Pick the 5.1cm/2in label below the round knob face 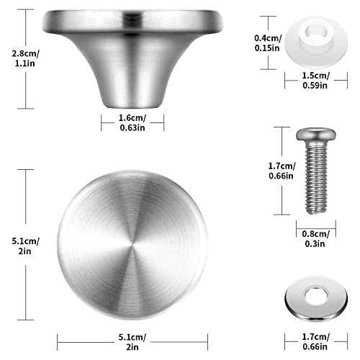pos(132,342)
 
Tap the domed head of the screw pos(315,134)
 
